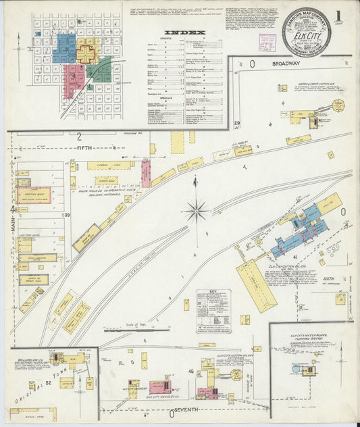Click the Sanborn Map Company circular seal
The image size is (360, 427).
pyautogui.click(x=307, y=32)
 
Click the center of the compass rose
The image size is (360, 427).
pyautogui.click(x=197, y=211)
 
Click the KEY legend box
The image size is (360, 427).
pyautogui.click(x=213, y=311)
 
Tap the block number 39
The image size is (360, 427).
pyautogui.click(x=67, y=215)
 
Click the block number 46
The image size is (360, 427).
pyautogui.click(x=190, y=372)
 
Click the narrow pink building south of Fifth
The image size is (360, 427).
pyautogui.click(x=145, y=174)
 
